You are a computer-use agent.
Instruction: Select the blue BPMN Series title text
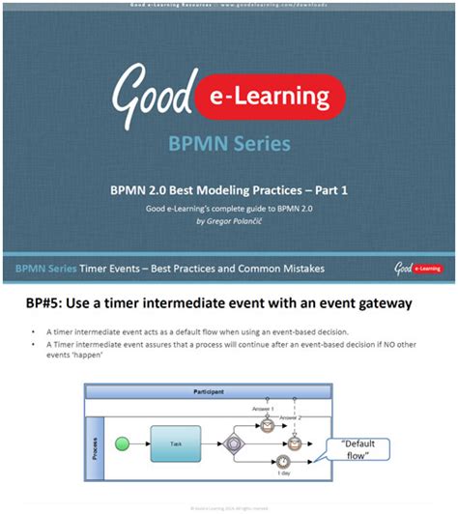click(229, 145)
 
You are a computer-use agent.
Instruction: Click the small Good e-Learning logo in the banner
click(421, 267)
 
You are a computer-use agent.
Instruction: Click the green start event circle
click(124, 443)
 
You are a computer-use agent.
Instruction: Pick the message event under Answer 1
click(267, 424)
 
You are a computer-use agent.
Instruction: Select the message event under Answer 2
click(293, 443)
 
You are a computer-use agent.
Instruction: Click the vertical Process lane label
click(93, 440)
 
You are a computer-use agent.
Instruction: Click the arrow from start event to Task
click(138, 443)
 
